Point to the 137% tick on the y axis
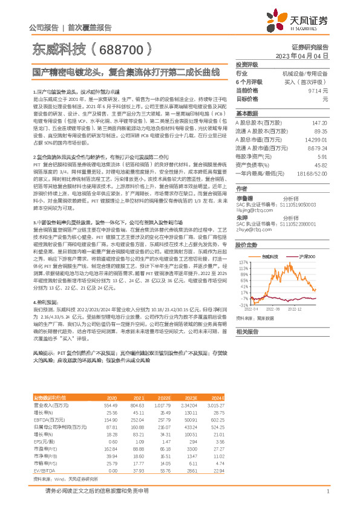coord(244,262)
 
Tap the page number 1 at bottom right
coord(327,491)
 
